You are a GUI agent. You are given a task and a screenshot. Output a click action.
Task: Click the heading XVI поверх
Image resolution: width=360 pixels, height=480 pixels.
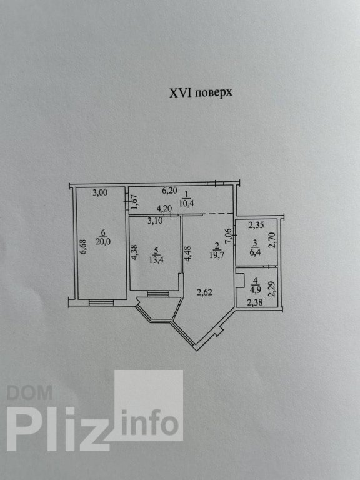tap(201, 92)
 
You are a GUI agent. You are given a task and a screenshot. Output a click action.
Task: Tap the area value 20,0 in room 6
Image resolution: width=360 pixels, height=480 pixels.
tap(102, 241)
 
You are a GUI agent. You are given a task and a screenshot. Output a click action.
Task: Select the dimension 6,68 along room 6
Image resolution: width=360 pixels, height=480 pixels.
tap(84, 247)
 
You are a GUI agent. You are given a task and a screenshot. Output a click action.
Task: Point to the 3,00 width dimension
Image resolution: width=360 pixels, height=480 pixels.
tap(100, 193)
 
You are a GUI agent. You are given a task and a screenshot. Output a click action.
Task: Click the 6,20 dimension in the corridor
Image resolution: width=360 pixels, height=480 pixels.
tap(169, 191)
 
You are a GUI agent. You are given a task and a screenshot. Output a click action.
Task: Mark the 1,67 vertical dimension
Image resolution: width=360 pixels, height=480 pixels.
tap(134, 202)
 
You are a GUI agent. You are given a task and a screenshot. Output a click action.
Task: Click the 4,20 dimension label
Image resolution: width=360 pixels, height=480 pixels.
tap(164, 209)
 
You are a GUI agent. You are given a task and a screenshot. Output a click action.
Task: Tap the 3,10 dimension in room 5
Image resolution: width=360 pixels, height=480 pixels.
tap(155, 221)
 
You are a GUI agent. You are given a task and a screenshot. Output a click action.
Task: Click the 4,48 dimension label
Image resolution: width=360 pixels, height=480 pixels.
tap(188, 254)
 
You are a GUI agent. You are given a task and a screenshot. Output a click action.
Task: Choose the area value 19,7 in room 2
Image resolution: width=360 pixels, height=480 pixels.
tap(217, 255)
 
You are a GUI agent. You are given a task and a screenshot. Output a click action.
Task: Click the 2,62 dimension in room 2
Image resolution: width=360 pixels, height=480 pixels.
tap(205, 292)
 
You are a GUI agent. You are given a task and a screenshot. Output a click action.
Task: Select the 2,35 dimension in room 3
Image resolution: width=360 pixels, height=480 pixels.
tap(256, 226)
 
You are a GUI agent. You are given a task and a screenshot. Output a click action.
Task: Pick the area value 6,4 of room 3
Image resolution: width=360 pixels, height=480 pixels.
tap(255, 252)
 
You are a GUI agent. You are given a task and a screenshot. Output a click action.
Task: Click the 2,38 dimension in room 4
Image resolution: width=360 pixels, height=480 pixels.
tap(255, 303)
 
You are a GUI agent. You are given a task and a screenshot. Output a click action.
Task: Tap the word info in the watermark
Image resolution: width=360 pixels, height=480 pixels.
tap(150, 422)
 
